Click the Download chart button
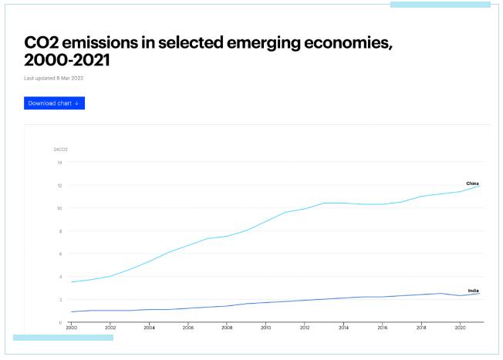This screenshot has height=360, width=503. pyautogui.click(x=54, y=103)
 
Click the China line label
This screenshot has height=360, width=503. pyautogui.click(x=472, y=183)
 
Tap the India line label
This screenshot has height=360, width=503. pyautogui.click(x=473, y=290)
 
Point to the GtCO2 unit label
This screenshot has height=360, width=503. pyautogui.click(x=60, y=149)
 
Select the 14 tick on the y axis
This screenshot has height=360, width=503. pyautogui.click(x=59, y=162)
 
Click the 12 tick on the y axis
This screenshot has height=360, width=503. pyautogui.click(x=59, y=185)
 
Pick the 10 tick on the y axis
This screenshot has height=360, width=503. pyautogui.click(x=59, y=208)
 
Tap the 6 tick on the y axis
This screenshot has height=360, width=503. pyautogui.click(x=60, y=254)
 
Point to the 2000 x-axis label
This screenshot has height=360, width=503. pyautogui.click(x=72, y=328)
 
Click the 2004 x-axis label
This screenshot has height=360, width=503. pyautogui.click(x=149, y=328)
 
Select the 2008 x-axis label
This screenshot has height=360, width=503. pyautogui.click(x=227, y=328)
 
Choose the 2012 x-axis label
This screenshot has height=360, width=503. pyautogui.click(x=305, y=328)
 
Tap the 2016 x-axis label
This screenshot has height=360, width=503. pyautogui.click(x=382, y=328)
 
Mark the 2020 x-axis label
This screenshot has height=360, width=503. pyautogui.click(x=460, y=328)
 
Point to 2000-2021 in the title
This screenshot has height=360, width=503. pyautogui.click(x=67, y=59)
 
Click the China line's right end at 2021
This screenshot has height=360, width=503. pyautogui.click(x=479, y=186)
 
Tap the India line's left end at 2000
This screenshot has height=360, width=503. pyautogui.click(x=72, y=311)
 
